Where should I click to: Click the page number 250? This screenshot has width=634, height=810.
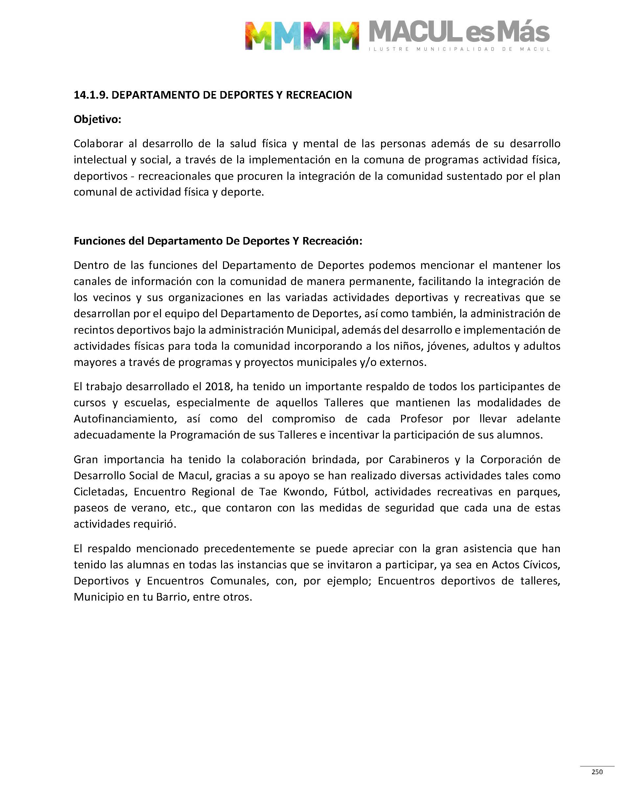[x=597, y=772]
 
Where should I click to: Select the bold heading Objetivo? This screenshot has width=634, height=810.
[x=97, y=119]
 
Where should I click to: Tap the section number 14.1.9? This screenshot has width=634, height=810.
[x=91, y=95]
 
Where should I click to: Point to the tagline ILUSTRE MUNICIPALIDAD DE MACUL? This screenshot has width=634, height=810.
[x=459, y=49]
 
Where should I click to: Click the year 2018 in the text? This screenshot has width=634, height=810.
[x=218, y=387]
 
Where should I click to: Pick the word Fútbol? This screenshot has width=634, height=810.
[x=351, y=492]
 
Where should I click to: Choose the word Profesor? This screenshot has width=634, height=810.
[x=421, y=419]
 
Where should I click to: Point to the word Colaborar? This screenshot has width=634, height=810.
[x=98, y=143]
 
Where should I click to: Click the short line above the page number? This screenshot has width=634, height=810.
[x=597, y=766]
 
